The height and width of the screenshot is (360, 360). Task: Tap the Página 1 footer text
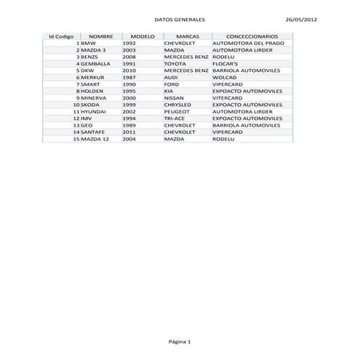180,341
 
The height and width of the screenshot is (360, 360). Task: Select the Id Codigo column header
61,36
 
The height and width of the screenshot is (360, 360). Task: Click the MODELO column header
142,36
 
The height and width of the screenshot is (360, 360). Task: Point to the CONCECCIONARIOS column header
252,36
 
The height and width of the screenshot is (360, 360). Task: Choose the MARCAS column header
188,36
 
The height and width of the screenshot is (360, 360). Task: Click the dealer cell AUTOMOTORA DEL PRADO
248,43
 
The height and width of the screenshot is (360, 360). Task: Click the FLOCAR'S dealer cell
226,63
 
